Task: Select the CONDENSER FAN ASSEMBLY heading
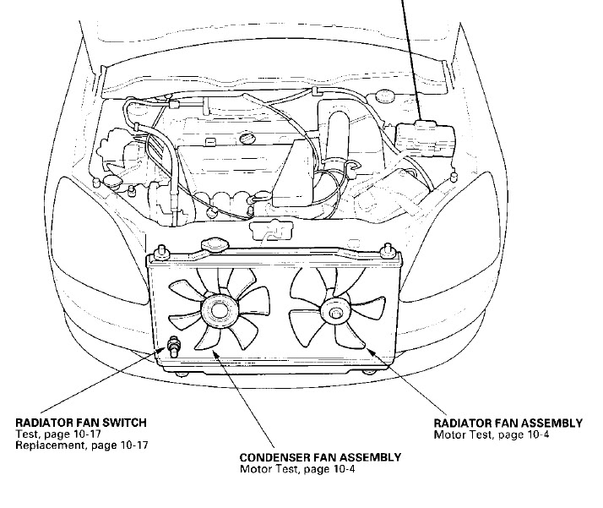320,457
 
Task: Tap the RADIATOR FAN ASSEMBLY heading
508,423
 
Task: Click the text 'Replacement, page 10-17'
69,445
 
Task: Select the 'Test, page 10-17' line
50,434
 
